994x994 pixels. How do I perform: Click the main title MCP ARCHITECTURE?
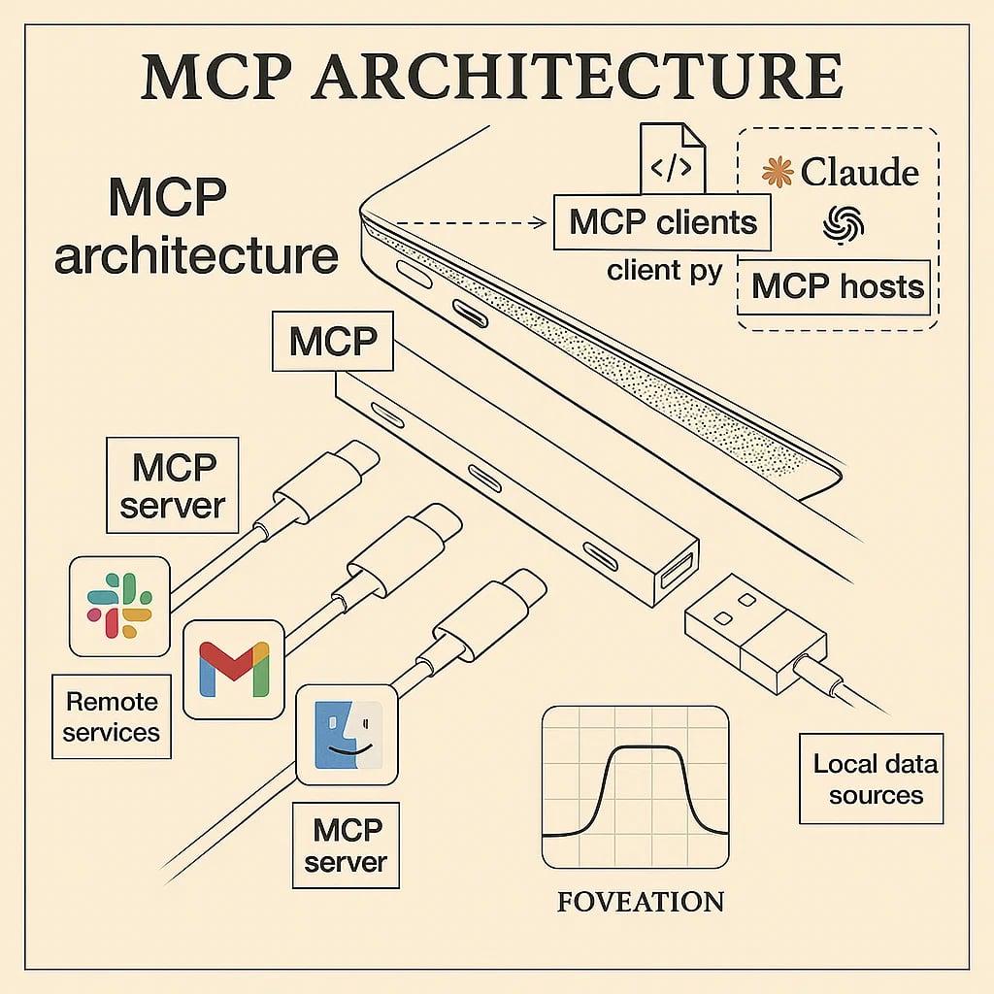491,78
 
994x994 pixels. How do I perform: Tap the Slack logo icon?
119,606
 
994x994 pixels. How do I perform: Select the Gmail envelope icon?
233,669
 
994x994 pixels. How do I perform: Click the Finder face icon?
347,734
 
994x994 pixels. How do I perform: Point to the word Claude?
859,173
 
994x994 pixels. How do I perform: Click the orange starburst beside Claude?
778,173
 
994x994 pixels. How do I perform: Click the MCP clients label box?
662,222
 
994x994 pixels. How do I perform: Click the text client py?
665,270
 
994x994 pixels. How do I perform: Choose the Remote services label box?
111,716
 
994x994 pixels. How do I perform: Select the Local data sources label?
876,779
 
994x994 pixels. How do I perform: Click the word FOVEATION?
641,902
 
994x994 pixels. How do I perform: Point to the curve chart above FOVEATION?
635,786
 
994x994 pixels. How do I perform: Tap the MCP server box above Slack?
173,485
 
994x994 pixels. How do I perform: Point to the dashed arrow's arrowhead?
542,222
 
